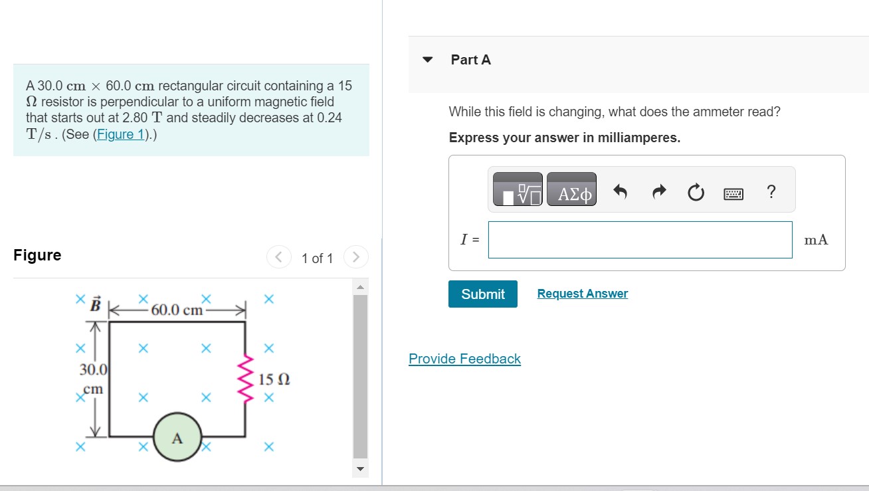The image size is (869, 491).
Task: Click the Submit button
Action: click(482, 294)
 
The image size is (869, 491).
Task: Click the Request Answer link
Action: click(582, 294)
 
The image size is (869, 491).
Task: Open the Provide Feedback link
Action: click(464, 359)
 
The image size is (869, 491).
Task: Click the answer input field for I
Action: click(640, 240)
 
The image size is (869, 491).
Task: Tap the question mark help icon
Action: click(771, 193)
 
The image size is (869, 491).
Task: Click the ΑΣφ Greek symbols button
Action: click(571, 193)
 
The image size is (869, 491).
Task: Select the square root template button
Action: click(518, 193)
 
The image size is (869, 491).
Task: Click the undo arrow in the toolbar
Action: click(620, 193)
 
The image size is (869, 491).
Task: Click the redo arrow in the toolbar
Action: click(658, 193)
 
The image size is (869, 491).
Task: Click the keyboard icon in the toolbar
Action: click(733, 194)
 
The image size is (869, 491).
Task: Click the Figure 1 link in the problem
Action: click(121, 134)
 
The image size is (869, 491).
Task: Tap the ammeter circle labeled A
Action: click(177, 437)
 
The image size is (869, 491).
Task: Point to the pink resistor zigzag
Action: click(247, 379)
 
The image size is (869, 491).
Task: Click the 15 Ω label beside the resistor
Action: click(274, 380)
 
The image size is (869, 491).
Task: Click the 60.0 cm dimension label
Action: click(176, 310)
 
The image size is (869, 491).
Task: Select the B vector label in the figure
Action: click(96, 305)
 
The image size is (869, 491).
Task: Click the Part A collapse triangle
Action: click(427, 60)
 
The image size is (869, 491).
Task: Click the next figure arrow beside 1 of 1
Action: click(355, 257)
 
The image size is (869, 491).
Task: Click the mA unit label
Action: click(816, 240)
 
